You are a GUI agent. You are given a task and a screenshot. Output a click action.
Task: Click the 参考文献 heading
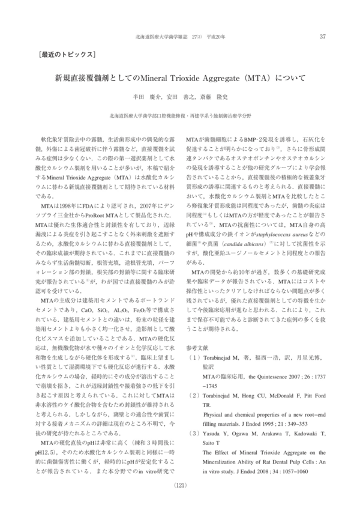coord(198,348)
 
